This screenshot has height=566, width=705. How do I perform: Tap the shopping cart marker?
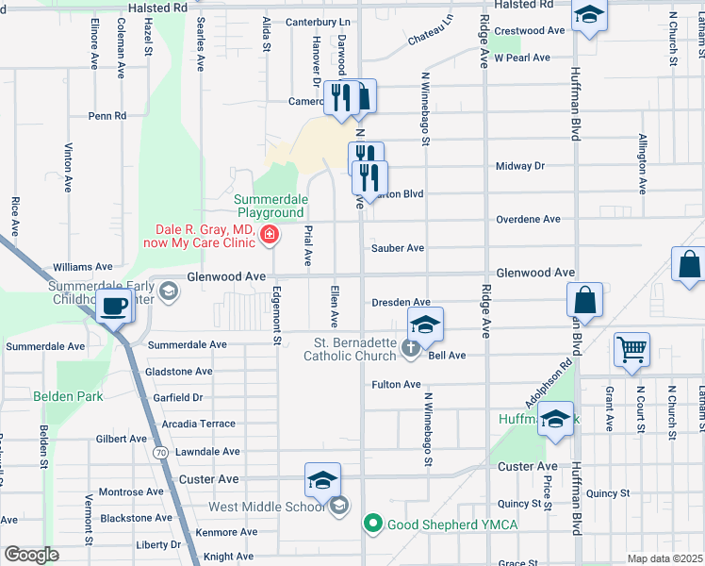[631, 350]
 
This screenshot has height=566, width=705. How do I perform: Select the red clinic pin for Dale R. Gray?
[270, 234]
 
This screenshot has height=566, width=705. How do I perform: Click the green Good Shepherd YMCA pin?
[373, 523]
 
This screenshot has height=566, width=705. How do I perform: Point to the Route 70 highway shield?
[162, 453]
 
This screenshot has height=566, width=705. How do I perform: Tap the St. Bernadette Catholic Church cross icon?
[410, 349]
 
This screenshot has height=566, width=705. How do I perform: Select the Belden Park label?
[68, 396]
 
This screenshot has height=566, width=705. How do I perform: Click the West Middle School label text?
[267, 508]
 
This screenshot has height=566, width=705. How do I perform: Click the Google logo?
[31, 555]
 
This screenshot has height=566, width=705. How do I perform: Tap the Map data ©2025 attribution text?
[664, 558]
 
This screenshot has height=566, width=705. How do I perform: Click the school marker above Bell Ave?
[425, 325]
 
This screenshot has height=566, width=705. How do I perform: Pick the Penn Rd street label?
[107, 116]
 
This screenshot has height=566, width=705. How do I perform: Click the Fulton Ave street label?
[396, 385]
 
